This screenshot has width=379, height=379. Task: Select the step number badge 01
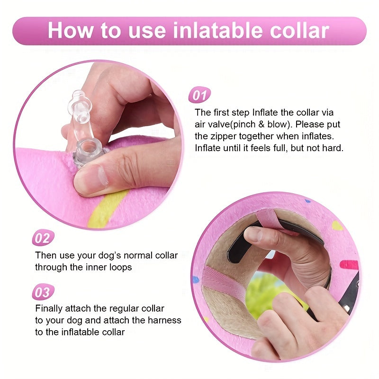pos(199,96)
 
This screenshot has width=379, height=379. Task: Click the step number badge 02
pos(43,238)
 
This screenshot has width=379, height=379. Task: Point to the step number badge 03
pos(43,292)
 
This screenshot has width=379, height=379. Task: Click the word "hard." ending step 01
pos(333,148)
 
